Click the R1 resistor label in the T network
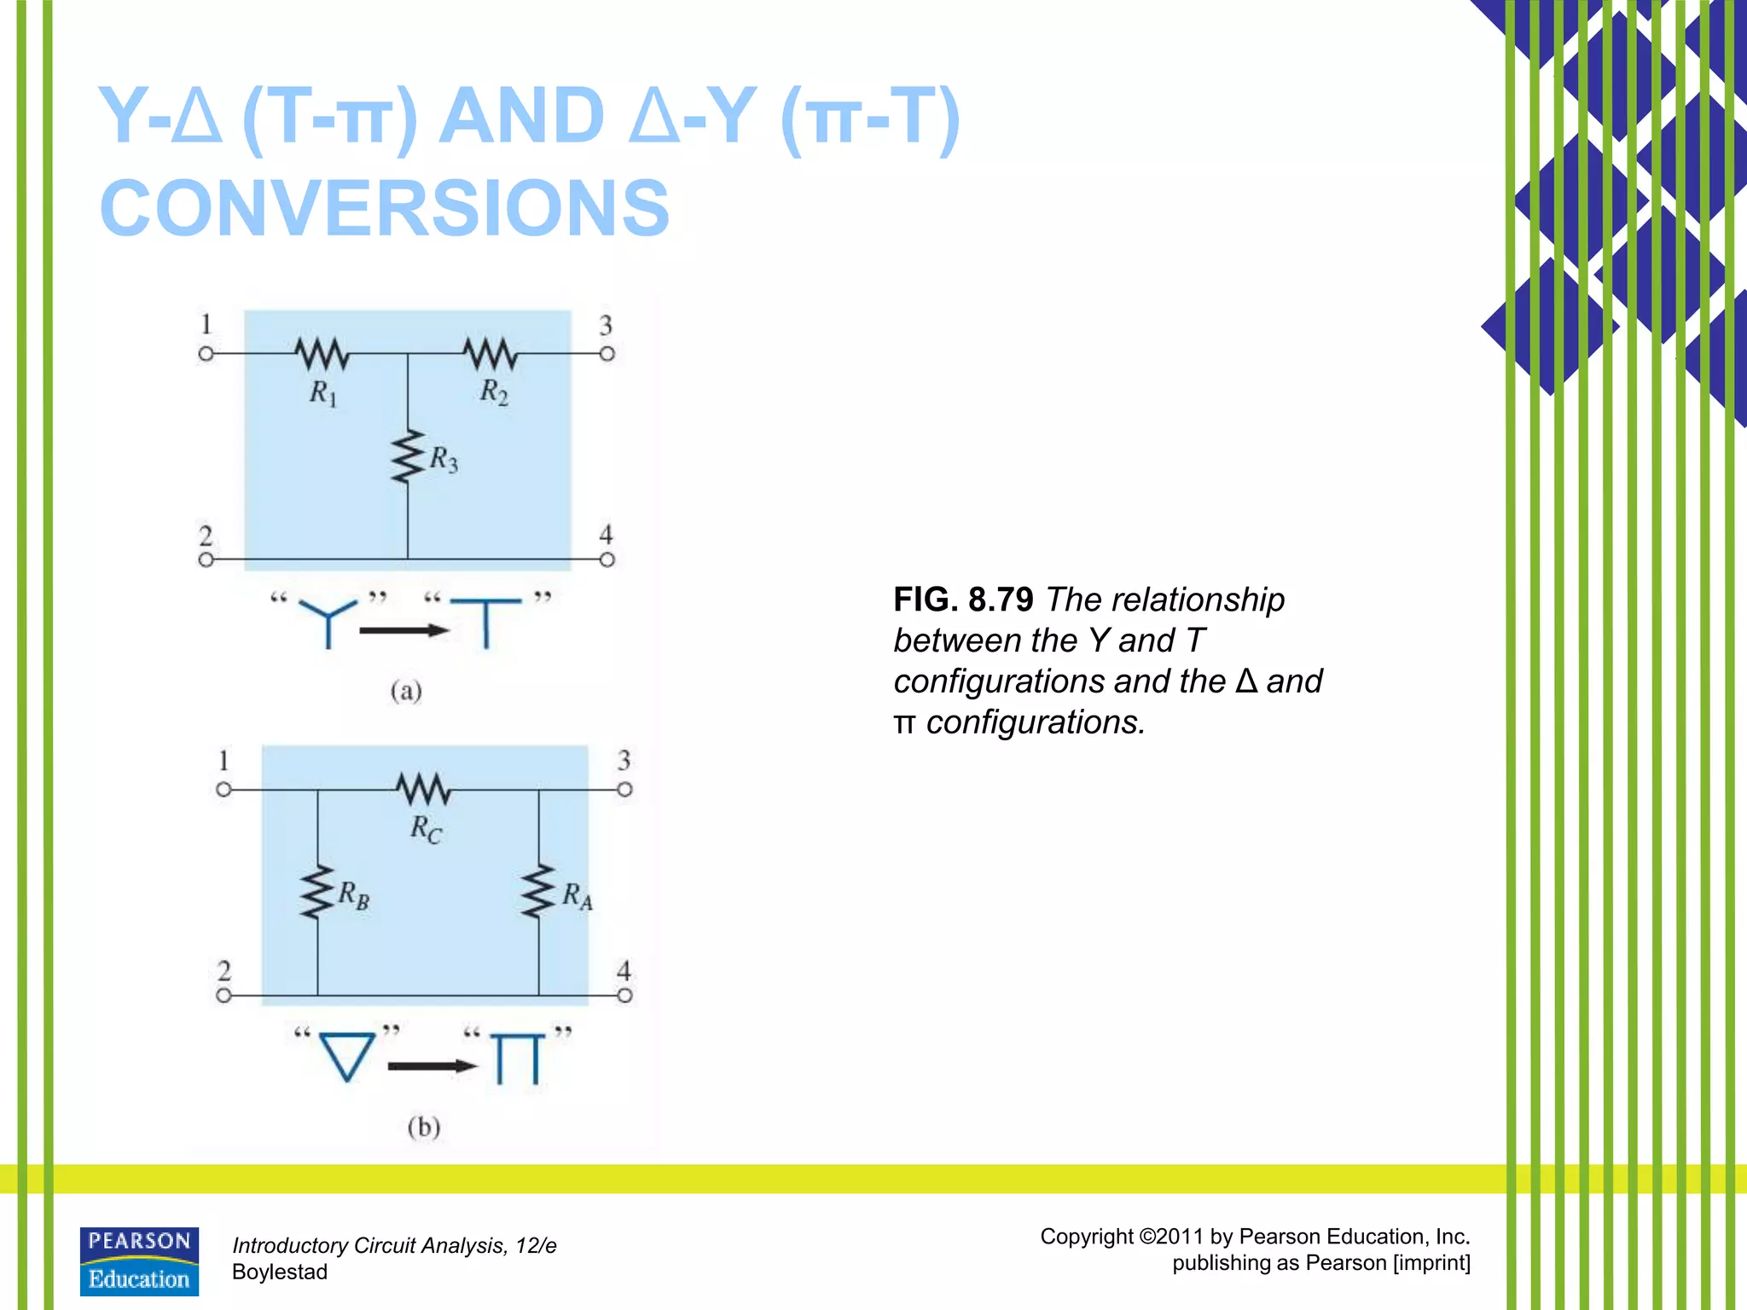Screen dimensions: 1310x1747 coord(323,393)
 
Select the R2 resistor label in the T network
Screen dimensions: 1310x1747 coord(494,392)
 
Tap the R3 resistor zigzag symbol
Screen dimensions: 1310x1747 coord(408,457)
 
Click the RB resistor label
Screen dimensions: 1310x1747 coord(354,896)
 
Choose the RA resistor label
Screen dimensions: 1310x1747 coord(577,896)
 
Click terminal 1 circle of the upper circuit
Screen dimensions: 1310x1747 coord(206,353)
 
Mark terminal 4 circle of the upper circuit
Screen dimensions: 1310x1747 coord(607,560)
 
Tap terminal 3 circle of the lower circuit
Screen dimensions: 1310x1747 coord(625,790)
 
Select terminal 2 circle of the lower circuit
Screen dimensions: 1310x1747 coord(223,995)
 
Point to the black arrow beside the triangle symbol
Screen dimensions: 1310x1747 coord(432,1066)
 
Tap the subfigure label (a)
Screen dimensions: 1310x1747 coord(406,691)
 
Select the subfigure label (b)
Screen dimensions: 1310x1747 coord(424,1127)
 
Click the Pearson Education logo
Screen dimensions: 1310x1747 coord(139,1261)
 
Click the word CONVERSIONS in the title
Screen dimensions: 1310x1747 coord(385,208)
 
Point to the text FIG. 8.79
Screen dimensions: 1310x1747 coord(963,600)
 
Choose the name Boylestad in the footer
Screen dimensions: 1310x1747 coord(280,1272)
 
